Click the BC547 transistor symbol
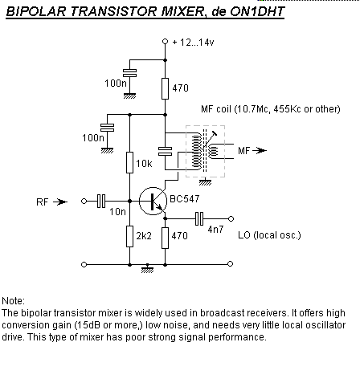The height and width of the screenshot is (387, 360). click(x=153, y=201)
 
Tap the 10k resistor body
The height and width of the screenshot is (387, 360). click(x=129, y=162)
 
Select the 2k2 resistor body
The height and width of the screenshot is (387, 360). click(x=129, y=236)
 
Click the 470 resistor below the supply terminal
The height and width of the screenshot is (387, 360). click(x=165, y=88)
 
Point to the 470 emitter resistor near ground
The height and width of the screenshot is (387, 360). click(x=165, y=238)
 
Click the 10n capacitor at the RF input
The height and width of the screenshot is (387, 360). click(x=101, y=201)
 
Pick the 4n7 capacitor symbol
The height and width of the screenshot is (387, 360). click(x=199, y=218)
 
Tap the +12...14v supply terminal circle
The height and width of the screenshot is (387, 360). click(x=165, y=42)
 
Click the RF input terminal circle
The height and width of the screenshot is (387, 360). click(x=84, y=201)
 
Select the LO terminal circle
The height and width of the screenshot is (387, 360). click(x=231, y=218)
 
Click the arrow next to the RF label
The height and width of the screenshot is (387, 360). click(x=60, y=202)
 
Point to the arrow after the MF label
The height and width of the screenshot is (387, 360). click(x=260, y=150)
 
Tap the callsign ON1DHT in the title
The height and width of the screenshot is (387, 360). click(x=257, y=11)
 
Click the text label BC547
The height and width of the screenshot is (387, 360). click(x=185, y=199)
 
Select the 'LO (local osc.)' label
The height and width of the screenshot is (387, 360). click(x=269, y=235)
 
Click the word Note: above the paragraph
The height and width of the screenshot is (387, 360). click(x=13, y=301)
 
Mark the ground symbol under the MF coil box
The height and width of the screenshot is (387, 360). click(x=205, y=181)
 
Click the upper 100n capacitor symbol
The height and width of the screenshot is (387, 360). click(x=129, y=73)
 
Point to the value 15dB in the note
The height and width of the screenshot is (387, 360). click(x=88, y=325)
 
